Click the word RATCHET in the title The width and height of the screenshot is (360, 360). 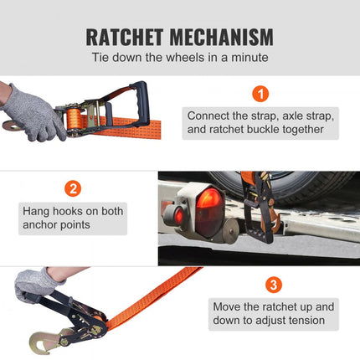(125, 37)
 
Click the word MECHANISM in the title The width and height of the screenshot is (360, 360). (222, 37)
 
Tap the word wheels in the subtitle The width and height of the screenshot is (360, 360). (185, 58)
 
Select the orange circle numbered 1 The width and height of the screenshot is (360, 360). (260, 94)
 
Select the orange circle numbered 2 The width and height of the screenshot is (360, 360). (73, 188)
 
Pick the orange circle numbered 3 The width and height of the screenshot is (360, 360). (274, 285)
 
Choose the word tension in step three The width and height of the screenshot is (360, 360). (306, 321)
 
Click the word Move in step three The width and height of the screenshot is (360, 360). (227, 306)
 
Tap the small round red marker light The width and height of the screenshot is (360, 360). (178, 216)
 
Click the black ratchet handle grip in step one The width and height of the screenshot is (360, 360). (141, 105)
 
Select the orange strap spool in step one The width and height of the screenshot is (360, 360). (74, 120)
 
